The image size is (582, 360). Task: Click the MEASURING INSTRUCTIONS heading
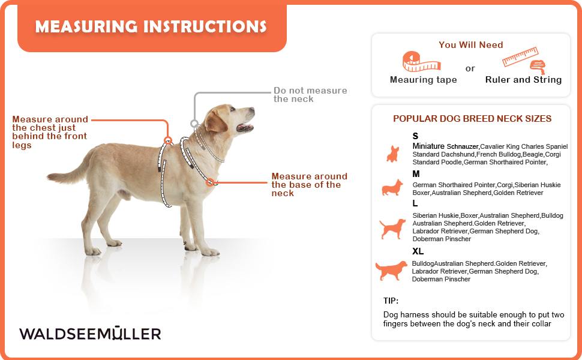(151, 27)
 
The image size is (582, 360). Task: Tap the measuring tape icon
(421, 62)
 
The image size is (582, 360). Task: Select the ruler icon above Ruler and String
(520, 56)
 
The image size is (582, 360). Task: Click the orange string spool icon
(538, 67)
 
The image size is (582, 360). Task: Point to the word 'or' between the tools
(470, 68)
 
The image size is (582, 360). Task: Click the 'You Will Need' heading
(470, 45)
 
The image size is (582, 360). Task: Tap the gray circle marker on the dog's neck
(194, 124)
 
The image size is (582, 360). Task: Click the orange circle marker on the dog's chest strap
(168, 140)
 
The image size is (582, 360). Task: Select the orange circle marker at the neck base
(210, 182)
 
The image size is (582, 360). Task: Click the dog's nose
(253, 110)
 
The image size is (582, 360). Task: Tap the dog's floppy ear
(215, 121)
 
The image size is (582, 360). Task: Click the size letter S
(415, 136)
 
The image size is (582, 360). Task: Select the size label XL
(418, 251)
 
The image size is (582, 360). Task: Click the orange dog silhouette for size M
(392, 187)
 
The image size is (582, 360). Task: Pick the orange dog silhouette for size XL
(391, 271)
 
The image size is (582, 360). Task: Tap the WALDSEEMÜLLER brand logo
(90, 333)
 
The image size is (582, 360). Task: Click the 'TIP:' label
(391, 301)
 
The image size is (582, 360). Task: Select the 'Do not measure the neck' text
(310, 95)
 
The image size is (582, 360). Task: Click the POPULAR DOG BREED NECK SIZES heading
(472, 119)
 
